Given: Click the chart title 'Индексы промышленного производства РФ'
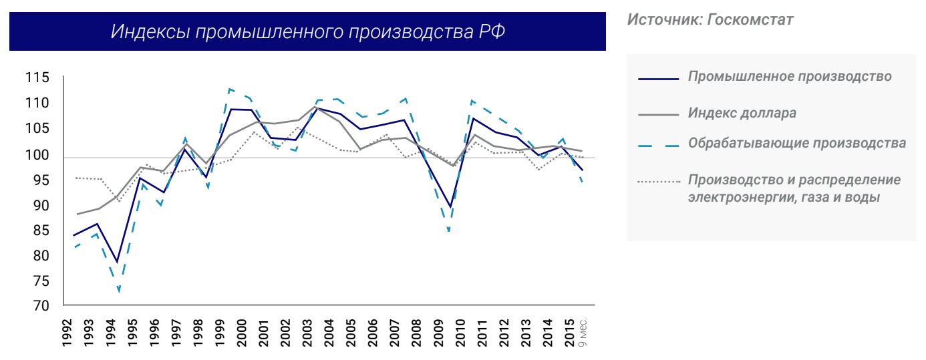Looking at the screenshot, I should pyautogui.click(x=307, y=31).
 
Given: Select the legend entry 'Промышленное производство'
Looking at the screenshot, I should pyautogui.click(x=790, y=76).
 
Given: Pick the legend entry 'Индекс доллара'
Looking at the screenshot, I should pyautogui.click(x=742, y=113).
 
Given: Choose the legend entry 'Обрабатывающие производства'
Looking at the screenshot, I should pyautogui.click(x=796, y=144).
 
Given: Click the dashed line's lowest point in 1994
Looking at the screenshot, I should pyautogui.click(x=119, y=291).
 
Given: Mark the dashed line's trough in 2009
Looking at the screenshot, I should pyautogui.click(x=449, y=232).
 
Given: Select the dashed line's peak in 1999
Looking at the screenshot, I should pyautogui.click(x=230, y=88).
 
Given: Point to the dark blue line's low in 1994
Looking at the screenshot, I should pyautogui.click(x=118, y=262).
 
